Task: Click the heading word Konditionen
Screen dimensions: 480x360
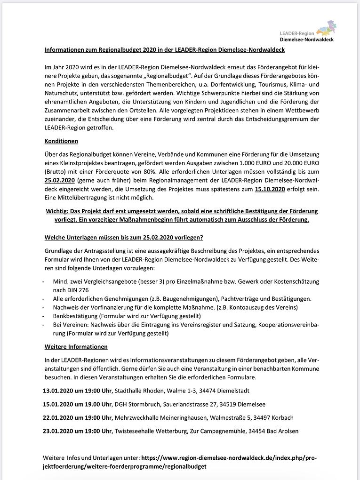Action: tap(61, 141)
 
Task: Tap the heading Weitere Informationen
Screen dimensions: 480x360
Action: tap(76, 347)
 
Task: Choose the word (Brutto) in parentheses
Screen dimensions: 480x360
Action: tap(56, 172)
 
